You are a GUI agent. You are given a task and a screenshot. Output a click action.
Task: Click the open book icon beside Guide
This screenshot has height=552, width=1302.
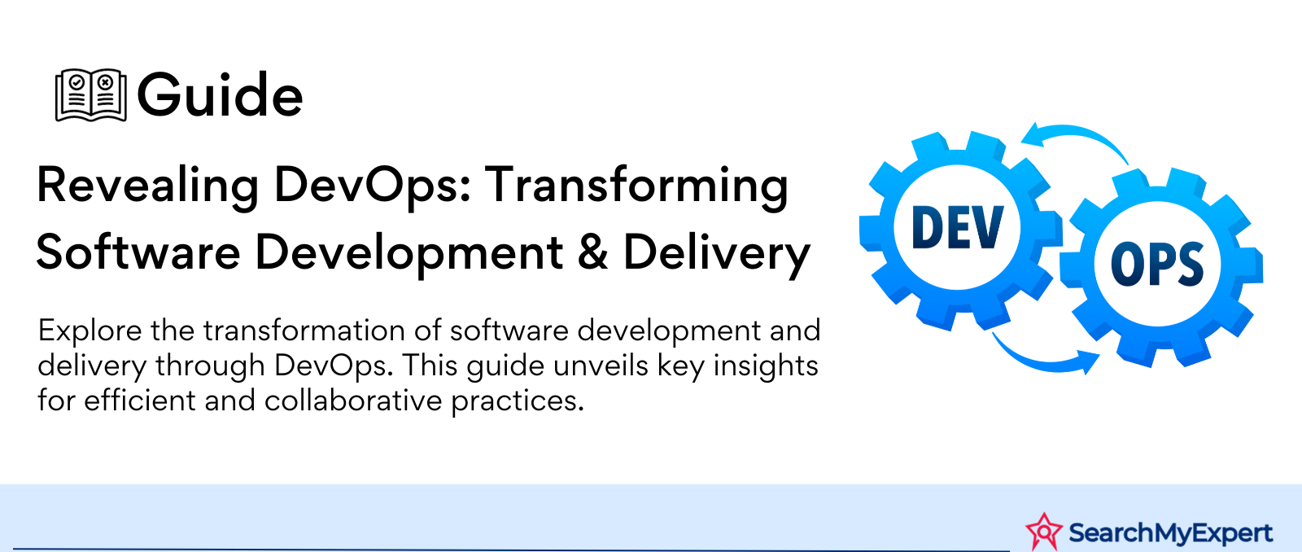tap(90, 94)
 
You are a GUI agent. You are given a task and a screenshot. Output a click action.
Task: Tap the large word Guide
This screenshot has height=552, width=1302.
tap(220, 94)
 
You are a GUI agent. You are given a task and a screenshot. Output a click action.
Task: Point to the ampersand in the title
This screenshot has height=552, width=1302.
tap(593, 252)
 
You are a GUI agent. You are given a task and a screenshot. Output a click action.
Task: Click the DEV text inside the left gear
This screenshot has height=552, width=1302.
tap(957, 227)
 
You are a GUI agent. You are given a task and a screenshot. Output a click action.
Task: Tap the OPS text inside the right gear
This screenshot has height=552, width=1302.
tap(1157, 265)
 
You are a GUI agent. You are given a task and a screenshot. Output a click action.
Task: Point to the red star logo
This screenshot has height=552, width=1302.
tap(1044, 532)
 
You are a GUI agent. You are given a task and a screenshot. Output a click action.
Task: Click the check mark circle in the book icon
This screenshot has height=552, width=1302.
tap(76, 83)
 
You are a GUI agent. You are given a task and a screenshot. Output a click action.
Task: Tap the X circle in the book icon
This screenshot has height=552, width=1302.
tap(105, 83)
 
